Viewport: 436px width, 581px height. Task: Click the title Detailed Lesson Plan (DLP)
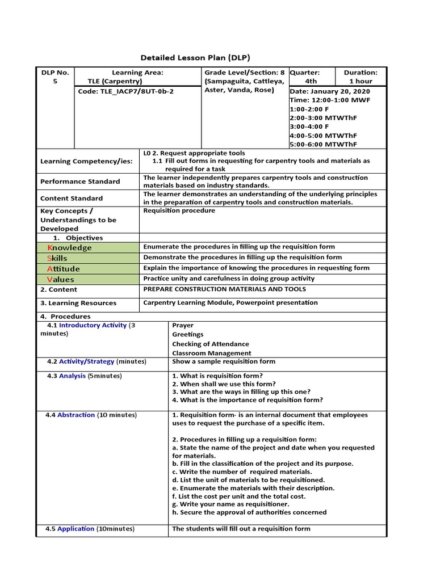[x=195, y=58]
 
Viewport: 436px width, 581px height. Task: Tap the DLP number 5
[x=55, y=81]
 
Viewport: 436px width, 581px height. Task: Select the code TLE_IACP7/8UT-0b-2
[x=126, y=91]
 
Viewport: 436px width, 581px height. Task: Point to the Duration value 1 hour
[x=360, y=81]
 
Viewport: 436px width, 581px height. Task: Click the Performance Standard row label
[x=80, y=182]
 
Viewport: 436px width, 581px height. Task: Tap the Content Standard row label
[x=72, y=199]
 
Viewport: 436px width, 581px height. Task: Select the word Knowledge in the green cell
[x=69, y=248]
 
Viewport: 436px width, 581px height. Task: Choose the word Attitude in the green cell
[x=63, y=269]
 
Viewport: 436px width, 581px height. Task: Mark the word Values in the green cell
[x=60, y=279]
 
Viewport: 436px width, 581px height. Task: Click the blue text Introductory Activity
[x=93, y=325]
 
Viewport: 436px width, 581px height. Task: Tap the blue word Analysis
[x=73, y=376]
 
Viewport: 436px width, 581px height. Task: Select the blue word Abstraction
[x=76, y=415]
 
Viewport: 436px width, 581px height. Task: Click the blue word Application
[x=76, y=529]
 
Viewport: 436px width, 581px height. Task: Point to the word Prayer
[x=183, y=326]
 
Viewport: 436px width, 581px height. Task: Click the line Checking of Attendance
[x=211, y=344]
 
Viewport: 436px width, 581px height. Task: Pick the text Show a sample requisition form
[x=224, y=361]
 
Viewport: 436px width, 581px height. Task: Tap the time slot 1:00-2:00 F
[x=310, y=108]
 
